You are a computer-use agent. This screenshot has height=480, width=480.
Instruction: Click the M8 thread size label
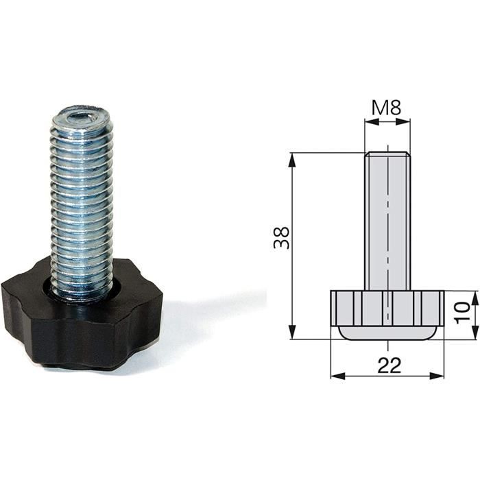(387, 108)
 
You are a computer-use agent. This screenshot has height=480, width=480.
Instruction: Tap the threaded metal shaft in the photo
(81, 206)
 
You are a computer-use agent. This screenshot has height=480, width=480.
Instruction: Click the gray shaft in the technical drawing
(387, 219)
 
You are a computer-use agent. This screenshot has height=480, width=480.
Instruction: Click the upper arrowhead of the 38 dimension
(293, 160)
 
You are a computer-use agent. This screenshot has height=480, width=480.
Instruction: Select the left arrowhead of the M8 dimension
(369, 123)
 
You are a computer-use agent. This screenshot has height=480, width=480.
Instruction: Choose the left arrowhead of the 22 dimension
(336, 375)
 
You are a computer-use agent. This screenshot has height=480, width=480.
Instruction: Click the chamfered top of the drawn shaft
(387, 155)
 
